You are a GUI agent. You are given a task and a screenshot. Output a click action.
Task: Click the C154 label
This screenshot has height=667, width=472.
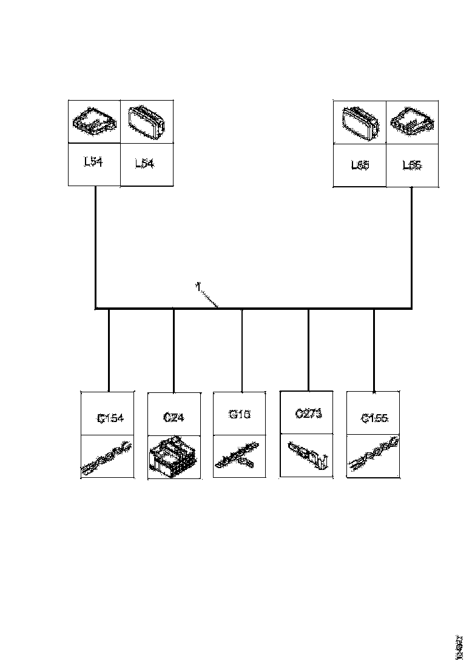(110, 418)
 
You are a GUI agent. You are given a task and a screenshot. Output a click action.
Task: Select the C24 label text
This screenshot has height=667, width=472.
(174, 418)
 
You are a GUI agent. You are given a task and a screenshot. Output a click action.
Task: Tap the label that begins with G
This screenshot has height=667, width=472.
(239, 415)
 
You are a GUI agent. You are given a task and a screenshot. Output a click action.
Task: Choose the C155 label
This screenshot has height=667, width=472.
(374, 418)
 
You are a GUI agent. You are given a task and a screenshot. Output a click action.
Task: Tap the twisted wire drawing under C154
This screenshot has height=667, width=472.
(107, 459)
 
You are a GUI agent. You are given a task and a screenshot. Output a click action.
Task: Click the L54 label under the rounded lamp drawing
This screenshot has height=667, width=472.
(144, 164)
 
